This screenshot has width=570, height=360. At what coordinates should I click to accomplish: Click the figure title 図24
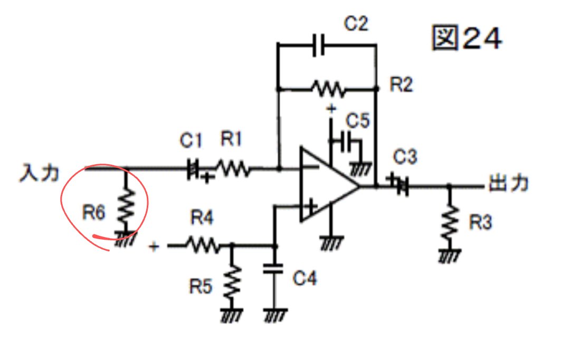pyautogui.click(x=467, y=37)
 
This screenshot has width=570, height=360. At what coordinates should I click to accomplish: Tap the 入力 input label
pyautogui.click(x=39, y=173)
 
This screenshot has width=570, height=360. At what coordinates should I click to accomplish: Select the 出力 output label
pyautogui.click(x=509, y=183)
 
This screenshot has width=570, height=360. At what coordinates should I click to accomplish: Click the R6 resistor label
pyautogui.click(x=94, y=212)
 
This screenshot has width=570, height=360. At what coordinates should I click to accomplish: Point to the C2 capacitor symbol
pyautogui.click(x=319, y=45)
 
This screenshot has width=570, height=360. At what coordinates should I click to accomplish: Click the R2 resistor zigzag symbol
pyautogui.click(x=328, y=89)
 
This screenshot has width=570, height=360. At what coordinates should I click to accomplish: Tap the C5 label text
pyautogui.click(x=358, y=121)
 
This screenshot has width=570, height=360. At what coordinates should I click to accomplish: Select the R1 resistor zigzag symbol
pyautogui.click(x=233, y=168)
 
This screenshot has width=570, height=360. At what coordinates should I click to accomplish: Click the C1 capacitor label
pyautogui.click(x=191, y=140)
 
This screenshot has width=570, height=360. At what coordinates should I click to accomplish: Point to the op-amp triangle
pyautogui.click(x=329, y=185)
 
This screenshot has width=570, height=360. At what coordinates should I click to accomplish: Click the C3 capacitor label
pyautogui.click(x=405, y=157)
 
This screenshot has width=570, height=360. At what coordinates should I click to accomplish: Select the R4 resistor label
pyautogui.click(x=202, y=218)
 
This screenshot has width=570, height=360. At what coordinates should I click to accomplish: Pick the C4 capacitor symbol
pyautogui.click(x=273, y=269)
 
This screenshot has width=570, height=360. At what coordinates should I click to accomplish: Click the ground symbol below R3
pyautogui.click(x=450, y=255)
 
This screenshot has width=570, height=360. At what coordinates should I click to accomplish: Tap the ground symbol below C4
pyautogui.click(x=275, y=315)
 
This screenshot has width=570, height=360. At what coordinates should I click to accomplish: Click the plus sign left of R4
pyautogui.click(x=154, y=247)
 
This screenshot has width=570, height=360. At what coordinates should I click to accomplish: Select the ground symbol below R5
pyautogui.click(x=232, y=315)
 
